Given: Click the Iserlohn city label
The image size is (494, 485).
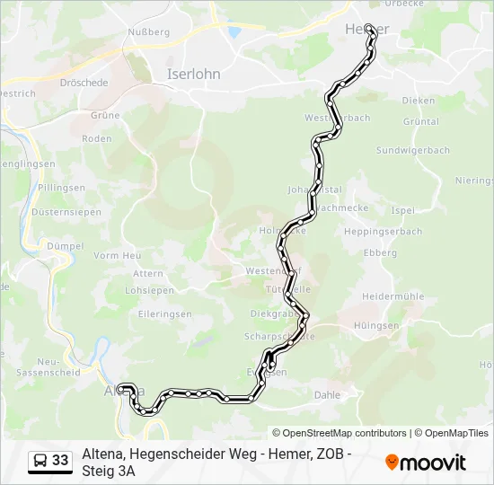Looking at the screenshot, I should click(x=193, y=75).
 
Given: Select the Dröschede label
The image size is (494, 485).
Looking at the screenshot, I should click(x=84, y=83).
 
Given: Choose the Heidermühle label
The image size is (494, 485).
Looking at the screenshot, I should click(x=393, y=295).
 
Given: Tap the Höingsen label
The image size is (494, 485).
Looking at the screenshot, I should click(x=401, y=325).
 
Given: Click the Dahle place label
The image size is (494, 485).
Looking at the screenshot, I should click(x=327, y=394).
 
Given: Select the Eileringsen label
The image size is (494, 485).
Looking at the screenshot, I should click(x=159, y=314).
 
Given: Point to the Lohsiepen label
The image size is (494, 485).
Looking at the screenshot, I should click(x=149, y=290).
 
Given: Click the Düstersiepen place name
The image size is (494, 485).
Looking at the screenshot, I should click(x=58, y=212).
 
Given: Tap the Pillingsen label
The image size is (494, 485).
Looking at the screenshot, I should click(x=61, y=188).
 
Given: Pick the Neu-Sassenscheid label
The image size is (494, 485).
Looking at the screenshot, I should click(x=43, y=365).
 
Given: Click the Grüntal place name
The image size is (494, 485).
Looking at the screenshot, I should click(x=420, y=121).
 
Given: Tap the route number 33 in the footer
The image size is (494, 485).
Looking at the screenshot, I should click(x=60, y=461).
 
